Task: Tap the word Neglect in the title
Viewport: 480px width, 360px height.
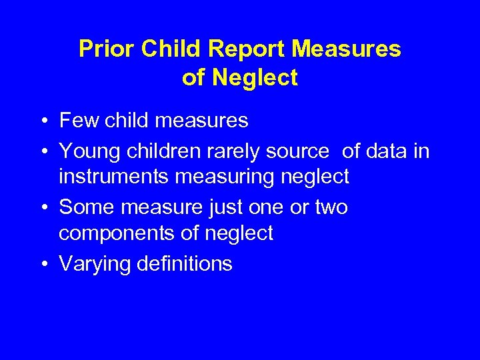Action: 255,78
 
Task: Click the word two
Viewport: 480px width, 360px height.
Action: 331,207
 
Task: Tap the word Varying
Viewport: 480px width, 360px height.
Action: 95,264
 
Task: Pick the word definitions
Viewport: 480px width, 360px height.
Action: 184,264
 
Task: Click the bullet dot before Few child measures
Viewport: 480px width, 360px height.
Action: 43,121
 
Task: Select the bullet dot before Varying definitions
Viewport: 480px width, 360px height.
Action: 43,265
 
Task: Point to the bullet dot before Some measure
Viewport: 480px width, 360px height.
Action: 43,208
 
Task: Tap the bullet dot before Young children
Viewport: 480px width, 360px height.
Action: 43,152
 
